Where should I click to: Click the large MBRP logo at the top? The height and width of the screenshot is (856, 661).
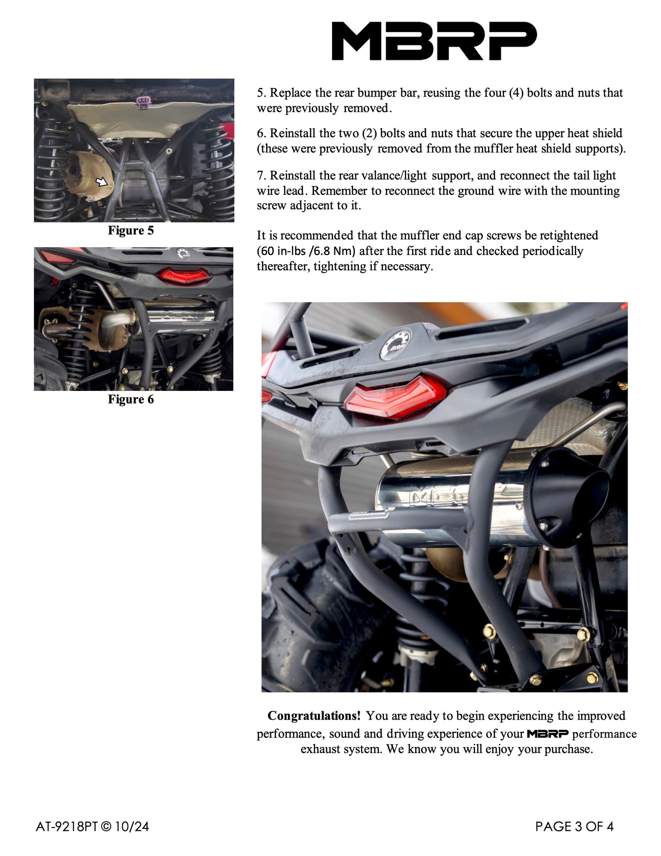click(x=434, y=41)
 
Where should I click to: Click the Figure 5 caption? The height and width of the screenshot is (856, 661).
click(x=131, y=230)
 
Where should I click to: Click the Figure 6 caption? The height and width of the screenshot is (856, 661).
click(x=131, y=399)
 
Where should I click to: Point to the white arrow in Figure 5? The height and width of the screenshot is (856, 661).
click(x=101, y=182)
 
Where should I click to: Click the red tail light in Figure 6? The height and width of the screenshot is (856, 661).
click(x=184, y=276)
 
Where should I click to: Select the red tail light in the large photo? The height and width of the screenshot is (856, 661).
click(x=394, y=396)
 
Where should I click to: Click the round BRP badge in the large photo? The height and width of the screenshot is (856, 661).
click(x=396, y=344)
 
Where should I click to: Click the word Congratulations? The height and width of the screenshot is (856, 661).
click(x=314, y=716)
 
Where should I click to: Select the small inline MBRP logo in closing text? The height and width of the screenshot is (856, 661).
click(x=548, y=734)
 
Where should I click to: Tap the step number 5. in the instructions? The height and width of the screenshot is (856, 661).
click(x=261, y=93)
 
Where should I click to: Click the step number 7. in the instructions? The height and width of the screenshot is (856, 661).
click(x=261, y=176)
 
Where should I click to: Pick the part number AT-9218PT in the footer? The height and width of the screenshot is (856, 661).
click(x=67, y=827)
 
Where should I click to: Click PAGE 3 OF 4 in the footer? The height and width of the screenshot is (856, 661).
click(x=574, y=827)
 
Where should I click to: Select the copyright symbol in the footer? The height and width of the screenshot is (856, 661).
click(x=106, y=827)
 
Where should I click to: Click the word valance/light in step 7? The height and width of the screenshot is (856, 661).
click(x=394, y=176)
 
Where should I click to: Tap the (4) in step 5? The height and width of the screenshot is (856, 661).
click(x=516, y=93)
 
